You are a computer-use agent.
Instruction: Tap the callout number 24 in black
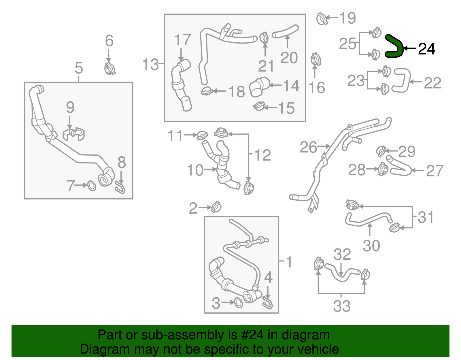click(426, 49)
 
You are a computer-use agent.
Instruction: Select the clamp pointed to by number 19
click(322, 19)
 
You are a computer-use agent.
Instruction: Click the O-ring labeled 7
click(91, 186)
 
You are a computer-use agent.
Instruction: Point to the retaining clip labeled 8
click(120, 188)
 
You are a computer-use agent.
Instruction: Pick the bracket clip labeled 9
click(74, 134)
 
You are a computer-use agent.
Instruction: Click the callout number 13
click(150, 64)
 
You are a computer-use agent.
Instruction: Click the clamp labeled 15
click(259, 107)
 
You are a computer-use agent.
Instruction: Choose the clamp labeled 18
click(207, 91)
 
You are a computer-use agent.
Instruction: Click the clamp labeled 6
click(109, 69)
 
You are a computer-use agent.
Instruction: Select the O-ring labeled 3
click(238, 303)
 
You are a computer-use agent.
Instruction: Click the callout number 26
click(308, 147)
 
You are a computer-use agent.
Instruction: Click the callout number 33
click(342, 306)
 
